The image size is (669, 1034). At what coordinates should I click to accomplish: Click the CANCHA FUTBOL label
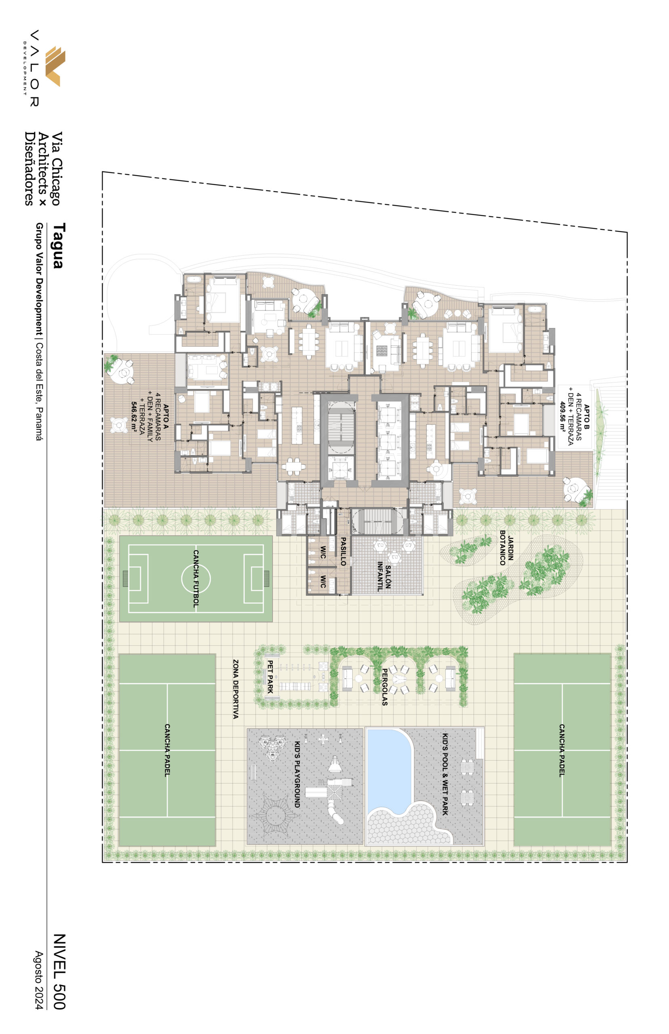tap(196, 578)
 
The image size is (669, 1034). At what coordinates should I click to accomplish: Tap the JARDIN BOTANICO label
tap(507, 548)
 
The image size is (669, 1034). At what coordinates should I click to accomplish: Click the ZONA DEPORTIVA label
tap(236, 689)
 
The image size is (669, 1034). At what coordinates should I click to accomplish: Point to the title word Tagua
tap(59, 246)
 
